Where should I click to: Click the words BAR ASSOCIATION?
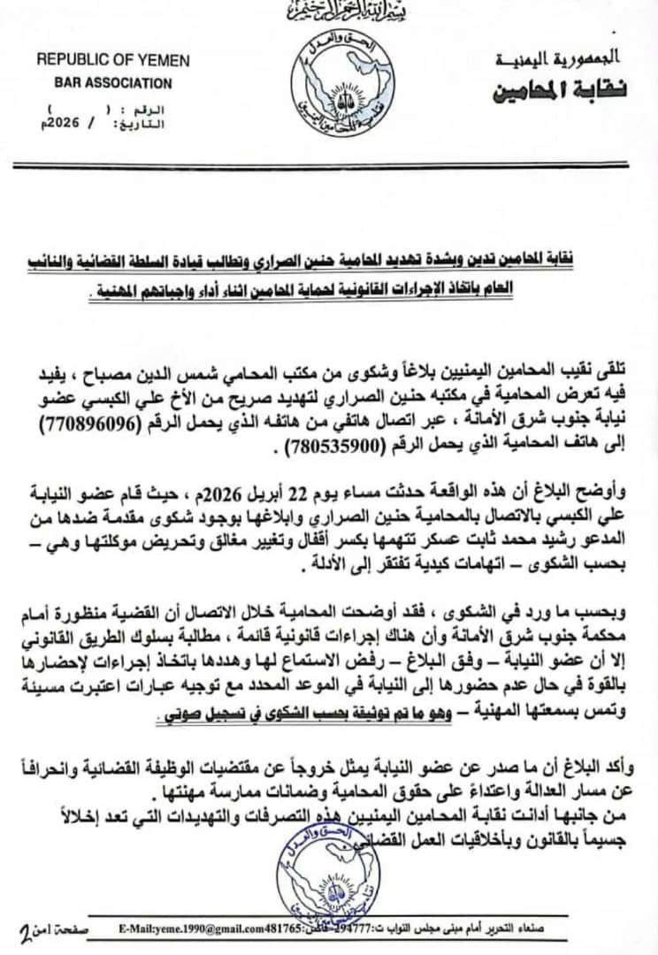[104, 83]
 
